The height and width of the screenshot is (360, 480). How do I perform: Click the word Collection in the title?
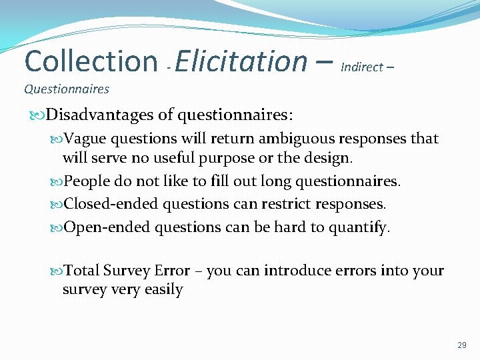[x=91, y=61]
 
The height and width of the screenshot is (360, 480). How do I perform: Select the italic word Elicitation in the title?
[x=241, y=61]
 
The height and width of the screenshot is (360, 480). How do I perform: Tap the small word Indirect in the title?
[x=362, y=67]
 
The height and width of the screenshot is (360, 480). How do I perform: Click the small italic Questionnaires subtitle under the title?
[x=67, y=89]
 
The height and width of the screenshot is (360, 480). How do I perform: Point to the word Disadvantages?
[x=101, y=115]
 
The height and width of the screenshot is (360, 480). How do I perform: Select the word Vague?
[x=87, y=139]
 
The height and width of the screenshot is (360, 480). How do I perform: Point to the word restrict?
[x=287, y=203]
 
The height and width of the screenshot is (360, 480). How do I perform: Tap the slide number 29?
[x=462, y=345]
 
